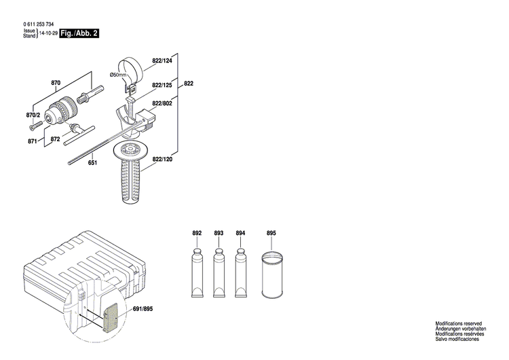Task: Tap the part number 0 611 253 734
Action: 37,24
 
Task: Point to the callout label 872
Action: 56,138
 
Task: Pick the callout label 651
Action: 92,162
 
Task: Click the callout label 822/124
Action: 162,61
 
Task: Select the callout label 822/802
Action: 162,103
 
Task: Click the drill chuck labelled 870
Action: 67,108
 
